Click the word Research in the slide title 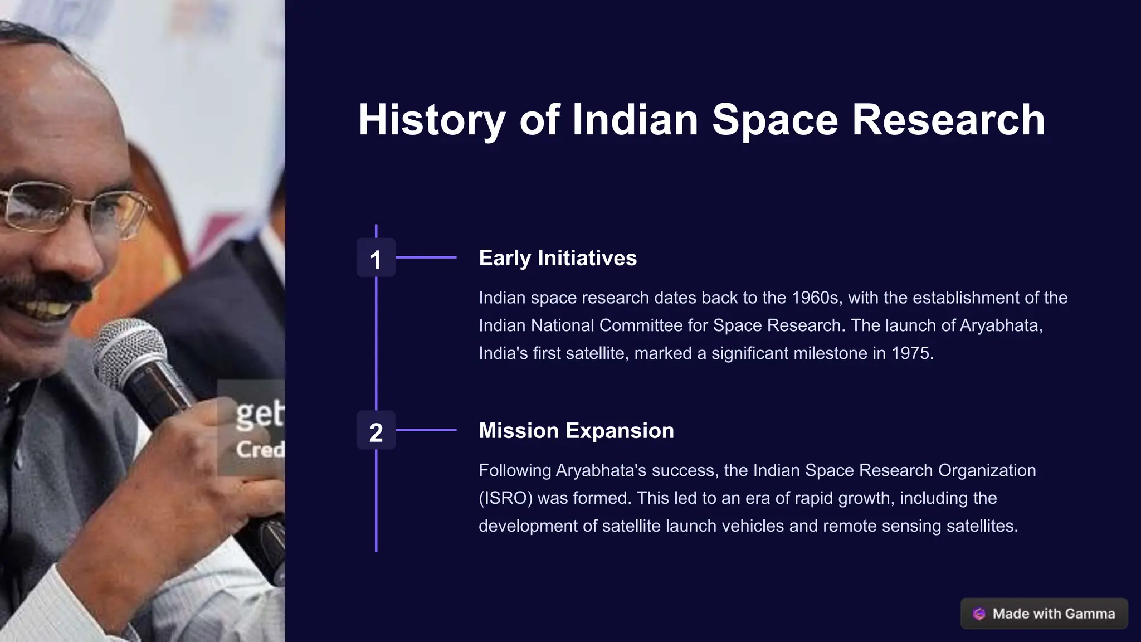[x=948, y=120]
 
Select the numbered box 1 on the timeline [x=376, y=258]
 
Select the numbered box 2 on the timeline [x=376, y=431]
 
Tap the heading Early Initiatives [x=558, y=258]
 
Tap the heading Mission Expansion [x=576, y=431]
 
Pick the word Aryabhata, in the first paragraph [x=1001, y=325]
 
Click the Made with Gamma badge [x=1044, y=614]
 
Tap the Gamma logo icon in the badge [x=979, y=614]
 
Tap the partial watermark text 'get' [x=260, y=415]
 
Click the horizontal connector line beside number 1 [x=426, y=257]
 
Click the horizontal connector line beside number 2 [x=426, y=430]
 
